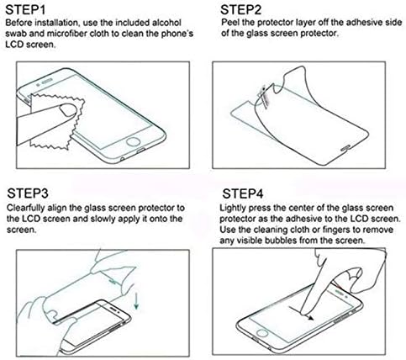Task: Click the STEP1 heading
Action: pyautogui.click(x=25, y=10)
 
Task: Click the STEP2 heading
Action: pyautogui.click(x=240, y=10)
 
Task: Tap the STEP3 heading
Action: pyautogui.click(x=28, y=193)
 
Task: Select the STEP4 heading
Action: pyautogui.click(x=243, y=193)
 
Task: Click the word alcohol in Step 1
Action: pyautogui.click(x=166, y=23)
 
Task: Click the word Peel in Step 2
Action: pyautogui.click(x=229, y=23)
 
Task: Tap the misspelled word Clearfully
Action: pyautogui.click(x=25, y=209)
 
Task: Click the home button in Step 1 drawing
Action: pyautogui.click(x=133, y=141)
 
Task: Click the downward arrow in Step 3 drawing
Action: pyautogui.click(x=136, y=300)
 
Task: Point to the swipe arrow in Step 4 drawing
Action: pyautogui.click(x=302, y=313)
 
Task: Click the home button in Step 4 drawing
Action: pyautogui.click(x=262, y=333)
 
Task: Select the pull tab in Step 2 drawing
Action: pyautogui.click(x=265, y=96)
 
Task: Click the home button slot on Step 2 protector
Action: pyautogui.click(x=345, y=148)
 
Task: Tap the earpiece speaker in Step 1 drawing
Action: pyautogui.click(x=47, y=82)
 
